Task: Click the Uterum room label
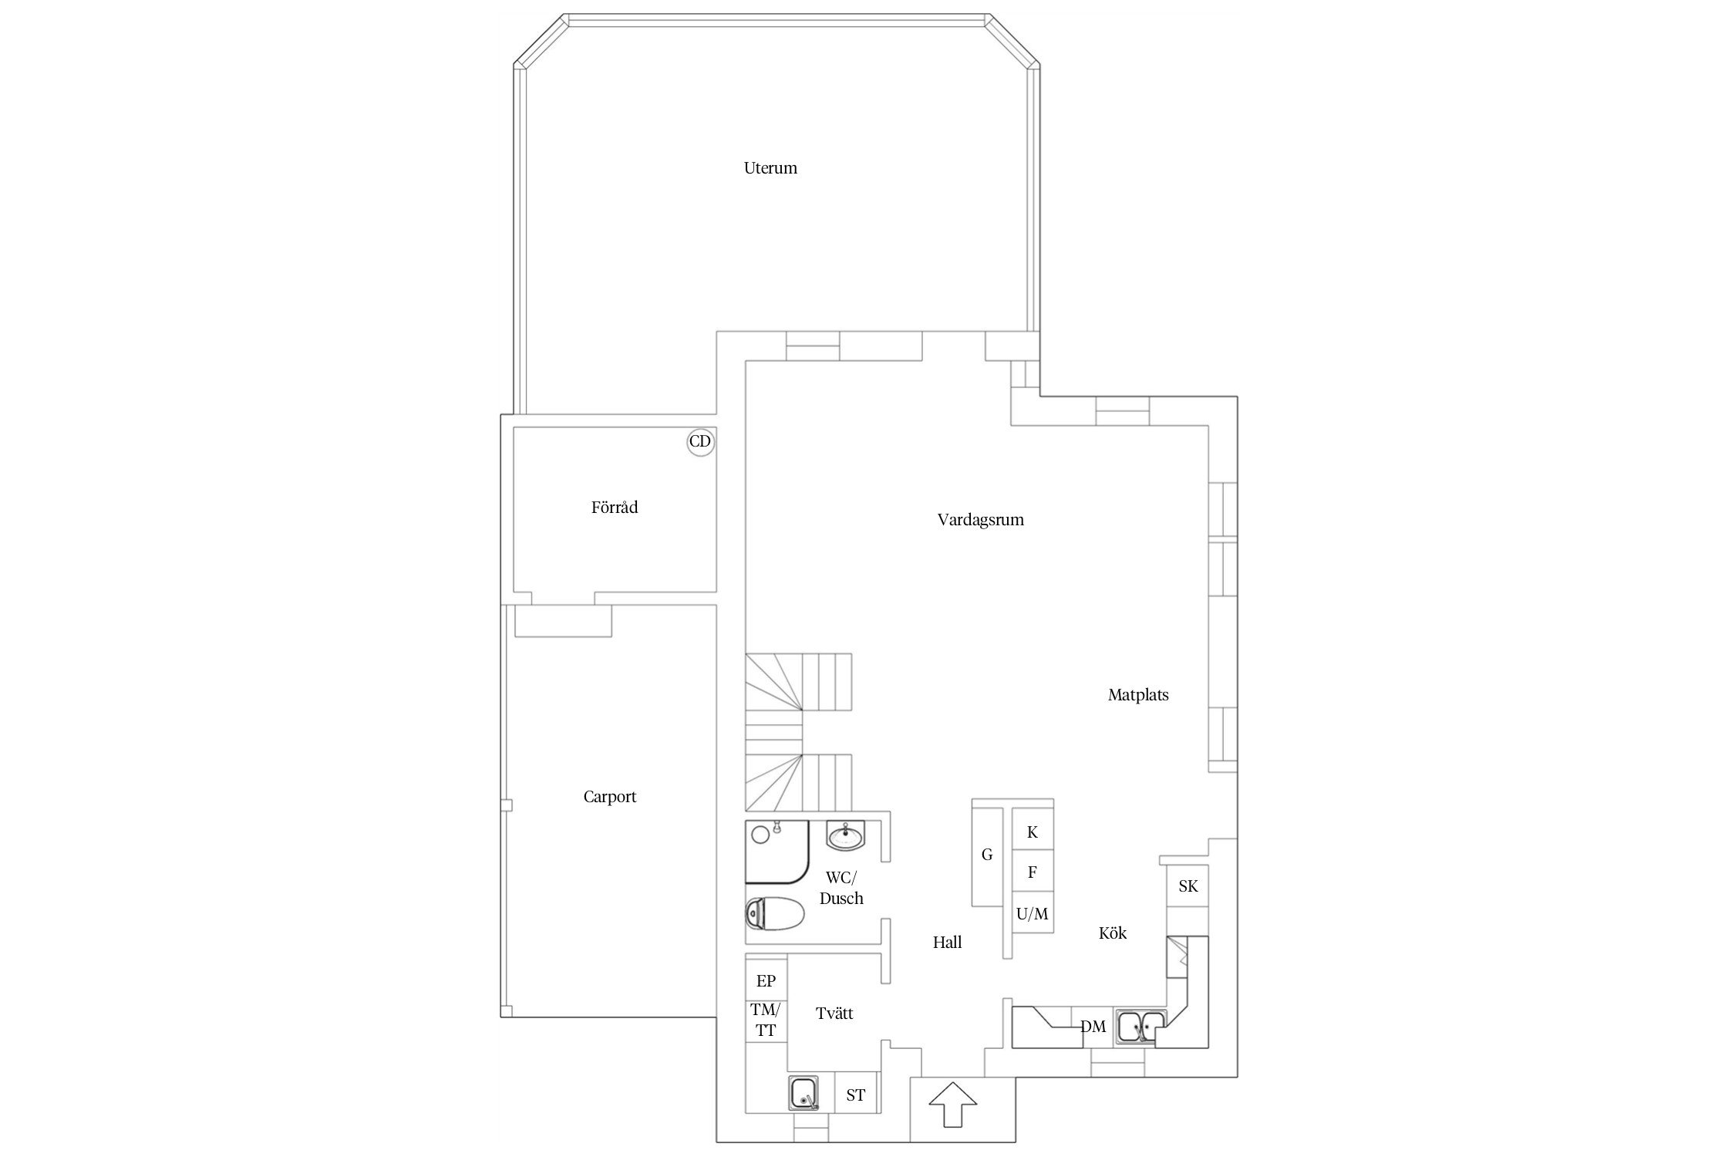(x=770, y=168)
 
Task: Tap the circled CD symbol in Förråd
(x=700, y=442)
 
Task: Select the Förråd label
(x=615, y=508)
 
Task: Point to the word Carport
(x=610, y=797)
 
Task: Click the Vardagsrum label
(x=981, y=520)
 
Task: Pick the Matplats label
(x=1138, y=695)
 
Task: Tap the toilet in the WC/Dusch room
(x=775, y=915)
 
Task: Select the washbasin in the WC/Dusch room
(x=847, y=835)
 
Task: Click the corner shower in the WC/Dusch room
(x=777, y=852)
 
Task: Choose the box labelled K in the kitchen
(x=1033, y=832)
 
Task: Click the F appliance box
(x=1033, y=872)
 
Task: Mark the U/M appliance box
(x=1033, y=913)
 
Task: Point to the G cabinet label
(x=987, y=855)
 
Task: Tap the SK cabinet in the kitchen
(x=1188, y=886)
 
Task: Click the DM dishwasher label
(x=1093, y=1027)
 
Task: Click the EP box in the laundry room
(x=766, y=980)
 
